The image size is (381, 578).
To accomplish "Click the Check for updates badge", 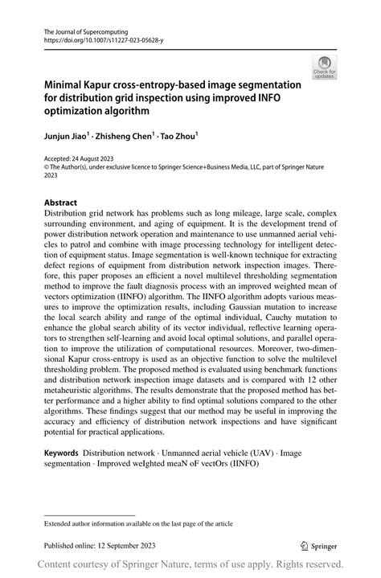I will pyautogui.click(x=325, y=68).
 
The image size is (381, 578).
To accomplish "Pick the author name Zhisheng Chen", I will pyautogui.click(x=126, y=137).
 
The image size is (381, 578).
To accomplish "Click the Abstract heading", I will pyautogui.click(x=61, y=202).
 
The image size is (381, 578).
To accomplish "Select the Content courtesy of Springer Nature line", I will pyautogui.click(x=190, y=564).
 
